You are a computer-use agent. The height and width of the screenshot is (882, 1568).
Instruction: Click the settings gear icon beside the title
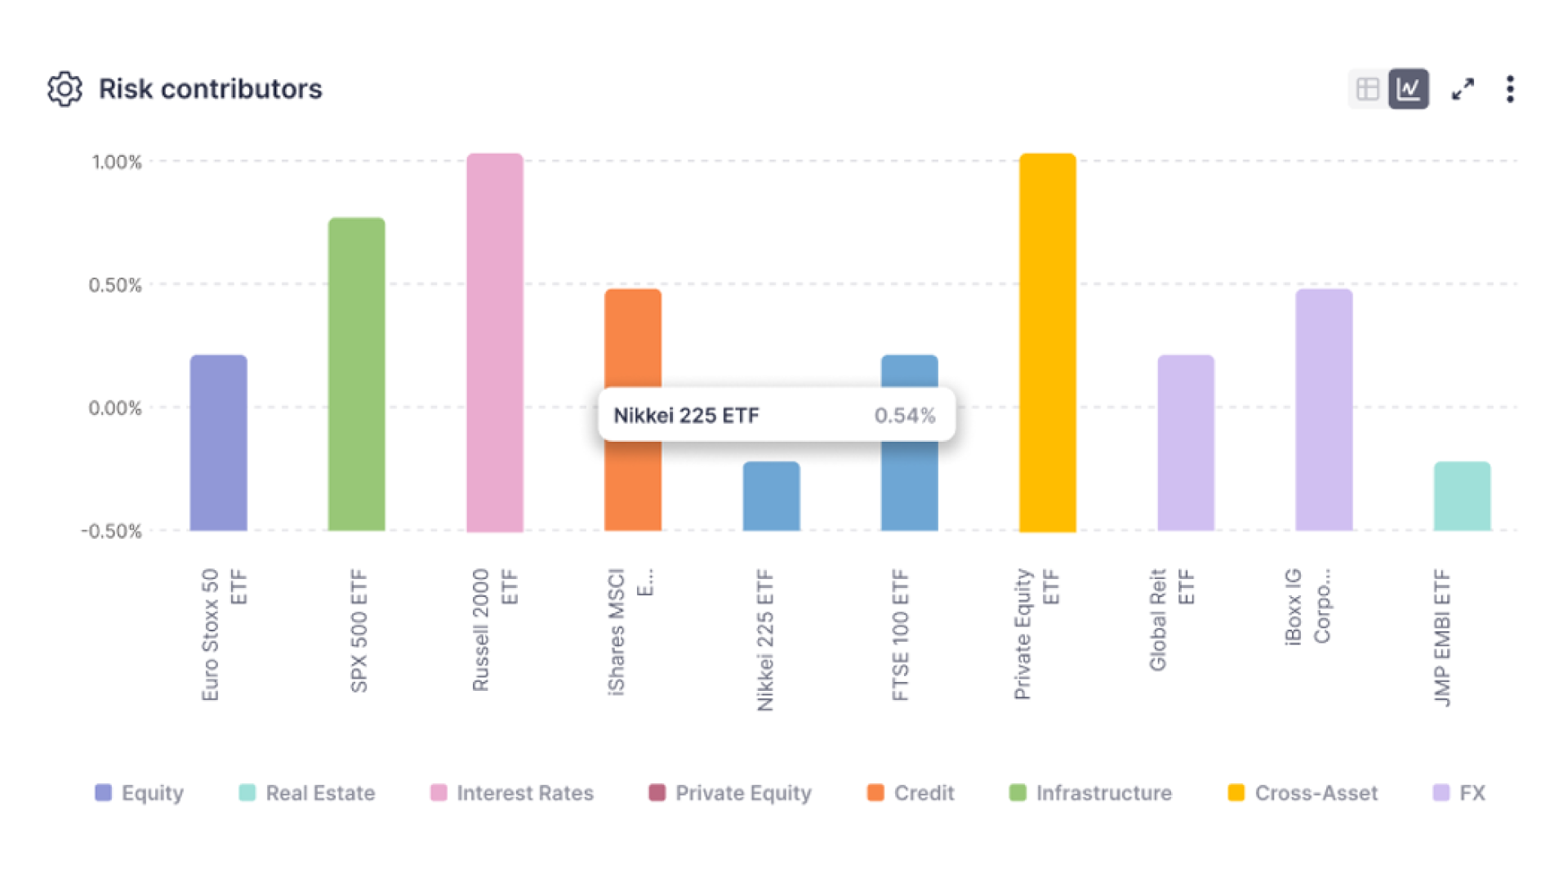point(65,89)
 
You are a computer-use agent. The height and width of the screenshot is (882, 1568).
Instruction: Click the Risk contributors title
point(210,89)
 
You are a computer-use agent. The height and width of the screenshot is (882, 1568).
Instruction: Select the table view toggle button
point(1367,89)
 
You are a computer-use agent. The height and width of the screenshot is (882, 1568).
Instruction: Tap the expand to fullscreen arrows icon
point(1463,89)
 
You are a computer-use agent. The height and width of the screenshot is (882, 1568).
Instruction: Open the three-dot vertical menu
point(1510,89)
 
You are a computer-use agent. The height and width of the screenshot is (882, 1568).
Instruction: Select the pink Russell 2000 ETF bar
point(495,343)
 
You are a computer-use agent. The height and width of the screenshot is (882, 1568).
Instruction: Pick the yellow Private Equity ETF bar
point(1048,343)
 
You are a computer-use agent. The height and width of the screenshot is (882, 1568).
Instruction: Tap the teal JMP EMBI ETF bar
point(1462,497)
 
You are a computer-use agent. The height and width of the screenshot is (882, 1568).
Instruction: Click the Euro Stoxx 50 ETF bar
point(219,443)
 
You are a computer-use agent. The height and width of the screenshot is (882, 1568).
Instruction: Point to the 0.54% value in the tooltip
point(905,416)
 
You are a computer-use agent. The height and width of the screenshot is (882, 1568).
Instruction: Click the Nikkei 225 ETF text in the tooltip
point(686,416)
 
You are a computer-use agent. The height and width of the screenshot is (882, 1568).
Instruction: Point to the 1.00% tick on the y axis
point(117,162)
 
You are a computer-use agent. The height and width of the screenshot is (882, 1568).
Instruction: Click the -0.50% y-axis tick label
point(112,532)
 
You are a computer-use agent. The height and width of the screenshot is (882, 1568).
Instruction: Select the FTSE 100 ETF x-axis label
point(900,635)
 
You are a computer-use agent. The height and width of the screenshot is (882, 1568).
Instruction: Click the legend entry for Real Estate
point(307,793)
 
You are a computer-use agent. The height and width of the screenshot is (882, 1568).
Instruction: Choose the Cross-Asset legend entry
point(1303,793)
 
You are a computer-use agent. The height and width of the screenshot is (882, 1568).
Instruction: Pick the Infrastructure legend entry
point(1091,793)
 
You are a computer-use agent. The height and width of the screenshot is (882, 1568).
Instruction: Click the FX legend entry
point(1460,793)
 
